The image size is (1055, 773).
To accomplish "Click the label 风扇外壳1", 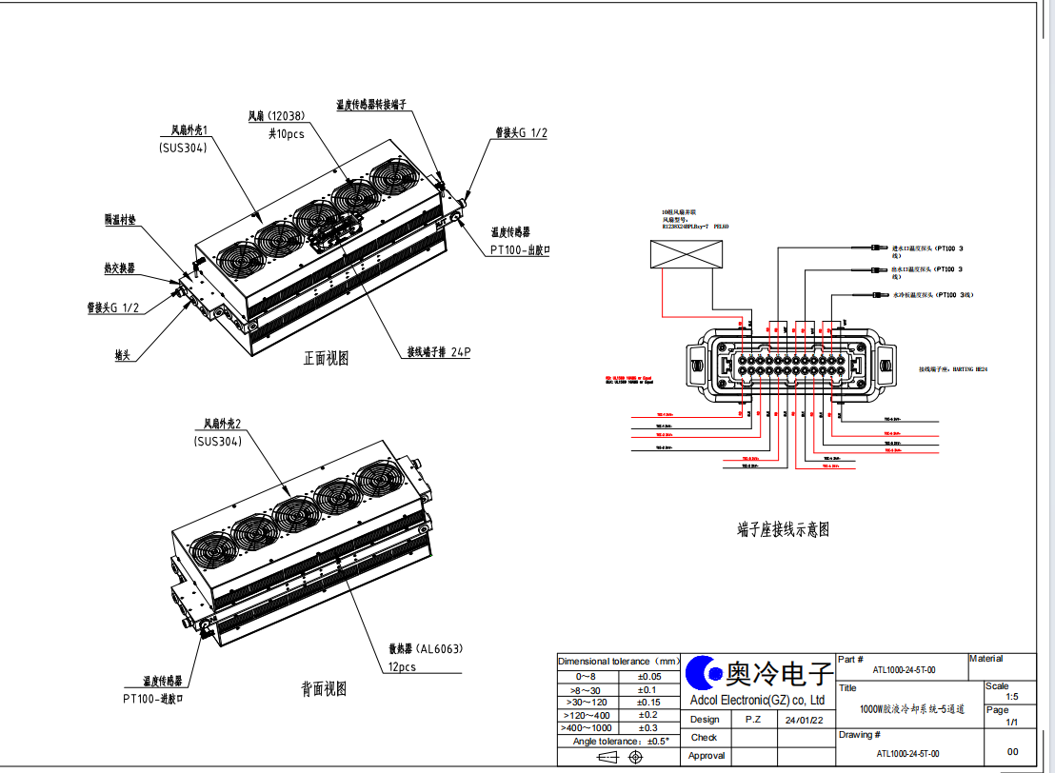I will click(x=189, y=129).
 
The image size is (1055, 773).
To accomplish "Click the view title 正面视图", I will click(x=326, y=359).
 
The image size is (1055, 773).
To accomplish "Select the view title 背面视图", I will click(x=324, y=688).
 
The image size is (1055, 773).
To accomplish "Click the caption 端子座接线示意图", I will click(x=783, y=530).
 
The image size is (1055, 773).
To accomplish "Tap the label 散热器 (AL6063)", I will click(x=425, y=649).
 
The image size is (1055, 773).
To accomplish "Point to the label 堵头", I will click(x=121, y=355).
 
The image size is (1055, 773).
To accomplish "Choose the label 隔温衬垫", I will click(x=120, y=220).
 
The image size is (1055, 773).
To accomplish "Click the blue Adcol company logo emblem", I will click(x=706, y=673).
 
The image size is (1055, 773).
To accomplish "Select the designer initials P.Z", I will click(x=752, y=720).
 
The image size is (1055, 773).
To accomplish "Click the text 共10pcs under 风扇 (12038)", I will click(x=286, y=133).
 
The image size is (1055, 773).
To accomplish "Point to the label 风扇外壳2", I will click(x=223, y=424).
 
